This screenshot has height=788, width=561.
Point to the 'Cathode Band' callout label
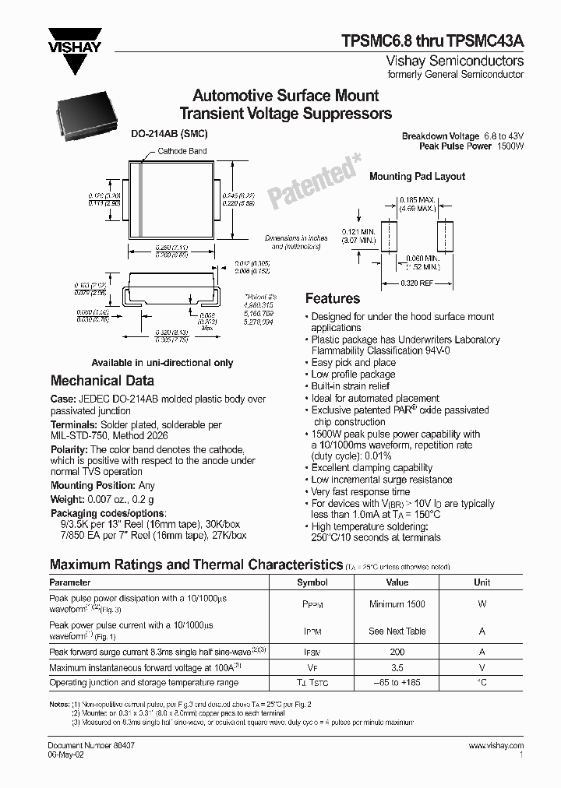click(182, 151)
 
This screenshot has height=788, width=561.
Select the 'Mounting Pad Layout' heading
click(417, 177)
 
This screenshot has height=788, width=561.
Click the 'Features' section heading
click(333, 298)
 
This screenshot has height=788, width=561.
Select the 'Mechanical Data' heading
click(102, 381)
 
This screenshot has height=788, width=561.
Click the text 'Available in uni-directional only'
click(162, 363)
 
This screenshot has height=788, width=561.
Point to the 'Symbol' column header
click(312, 582)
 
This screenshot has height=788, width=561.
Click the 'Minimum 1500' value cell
click(397, 604)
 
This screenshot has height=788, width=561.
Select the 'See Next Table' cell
click(397, 631)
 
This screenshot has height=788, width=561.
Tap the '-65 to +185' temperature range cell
click(397, 682)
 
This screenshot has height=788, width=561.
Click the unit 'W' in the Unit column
click(482, 604)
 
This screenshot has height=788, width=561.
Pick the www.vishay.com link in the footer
click(496, 745)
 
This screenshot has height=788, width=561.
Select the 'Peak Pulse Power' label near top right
click(455, 146)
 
